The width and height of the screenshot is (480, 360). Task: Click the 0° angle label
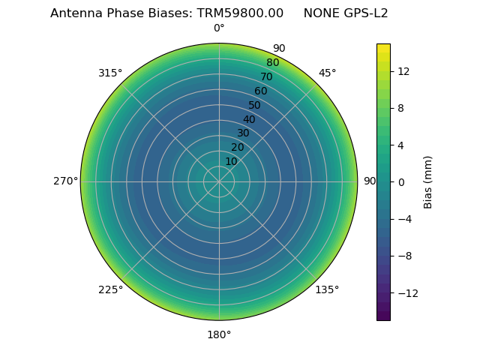pos(219,28)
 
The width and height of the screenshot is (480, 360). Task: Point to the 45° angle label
pos(328,73)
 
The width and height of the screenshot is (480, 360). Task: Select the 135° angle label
pos(327,289)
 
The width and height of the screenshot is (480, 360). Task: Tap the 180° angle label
pos(219,334)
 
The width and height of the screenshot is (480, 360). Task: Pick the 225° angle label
pos(110,289)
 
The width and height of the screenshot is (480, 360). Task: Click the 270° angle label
pos(65,181)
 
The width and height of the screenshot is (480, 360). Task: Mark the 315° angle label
pos(110,73)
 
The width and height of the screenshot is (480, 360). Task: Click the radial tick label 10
pos(231,161)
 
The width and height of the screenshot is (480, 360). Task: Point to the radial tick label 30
pos(243,133)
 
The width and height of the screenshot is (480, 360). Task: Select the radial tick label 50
pos(255,105)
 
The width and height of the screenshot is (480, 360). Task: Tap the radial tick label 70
pos(267,76)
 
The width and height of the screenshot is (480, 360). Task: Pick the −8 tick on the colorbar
pos(404,256)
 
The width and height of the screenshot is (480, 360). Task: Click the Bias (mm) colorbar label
pos(428,182)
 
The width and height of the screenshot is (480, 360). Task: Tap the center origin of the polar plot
pos(219,181)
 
